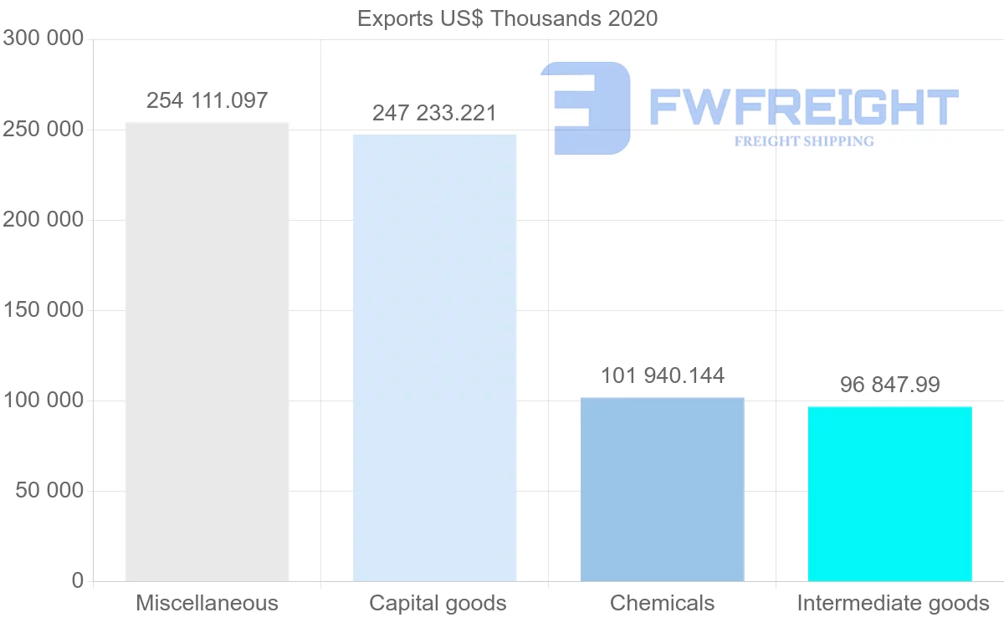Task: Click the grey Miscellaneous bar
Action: (207, 352)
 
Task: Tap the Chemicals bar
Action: (662, 489)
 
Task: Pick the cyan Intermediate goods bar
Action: (889, 494)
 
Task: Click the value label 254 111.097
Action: (207, 101)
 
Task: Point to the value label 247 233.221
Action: (434, 113)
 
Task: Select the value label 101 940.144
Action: (662, 375)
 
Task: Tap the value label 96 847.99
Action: (889, 385)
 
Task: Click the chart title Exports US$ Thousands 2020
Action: (507, 18)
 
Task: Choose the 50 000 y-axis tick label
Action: (50, 491)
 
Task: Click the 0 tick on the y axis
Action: (77, 581)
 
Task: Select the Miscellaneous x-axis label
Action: (207, 603)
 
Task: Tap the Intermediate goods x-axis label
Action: (893, 603)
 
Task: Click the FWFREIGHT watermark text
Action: (803, 107)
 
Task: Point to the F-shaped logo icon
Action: (586, 108)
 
